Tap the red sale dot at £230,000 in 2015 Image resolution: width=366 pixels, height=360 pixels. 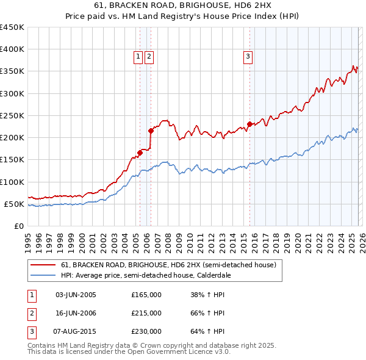pos(250,124)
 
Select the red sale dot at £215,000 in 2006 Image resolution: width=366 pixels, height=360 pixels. pos(151,131)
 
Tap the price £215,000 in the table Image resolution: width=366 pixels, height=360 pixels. pos(146,313)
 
